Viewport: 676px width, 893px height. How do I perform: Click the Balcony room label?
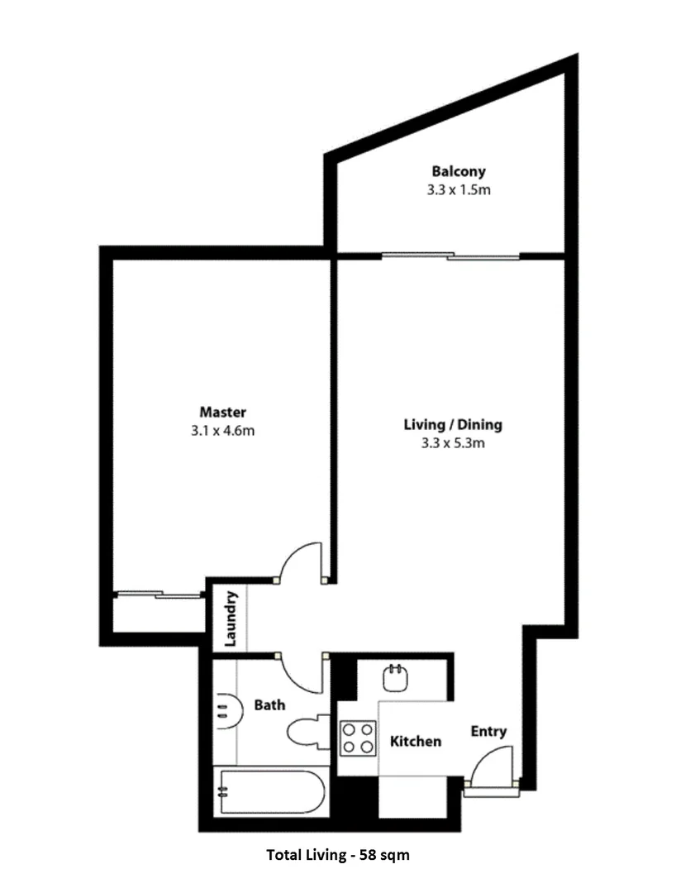(459, 171)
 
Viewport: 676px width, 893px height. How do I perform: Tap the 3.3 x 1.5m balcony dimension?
(459, 189)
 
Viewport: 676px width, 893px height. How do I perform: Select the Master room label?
(223, 412)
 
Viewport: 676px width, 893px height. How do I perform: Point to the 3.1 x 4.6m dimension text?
(223, 430)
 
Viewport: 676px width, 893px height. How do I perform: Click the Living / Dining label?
(453, 425)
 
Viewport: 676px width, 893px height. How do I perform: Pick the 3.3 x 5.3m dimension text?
(453, 443)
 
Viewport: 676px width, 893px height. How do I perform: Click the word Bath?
(269, 705)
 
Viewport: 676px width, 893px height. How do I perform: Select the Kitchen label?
(415, 741)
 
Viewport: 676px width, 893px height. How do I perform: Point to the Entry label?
(488, 732)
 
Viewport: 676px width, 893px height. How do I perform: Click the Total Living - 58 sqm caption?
(337, 855)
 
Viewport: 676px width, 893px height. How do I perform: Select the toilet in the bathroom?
(307, 731)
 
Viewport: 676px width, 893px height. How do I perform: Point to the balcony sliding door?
(450, 256)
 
